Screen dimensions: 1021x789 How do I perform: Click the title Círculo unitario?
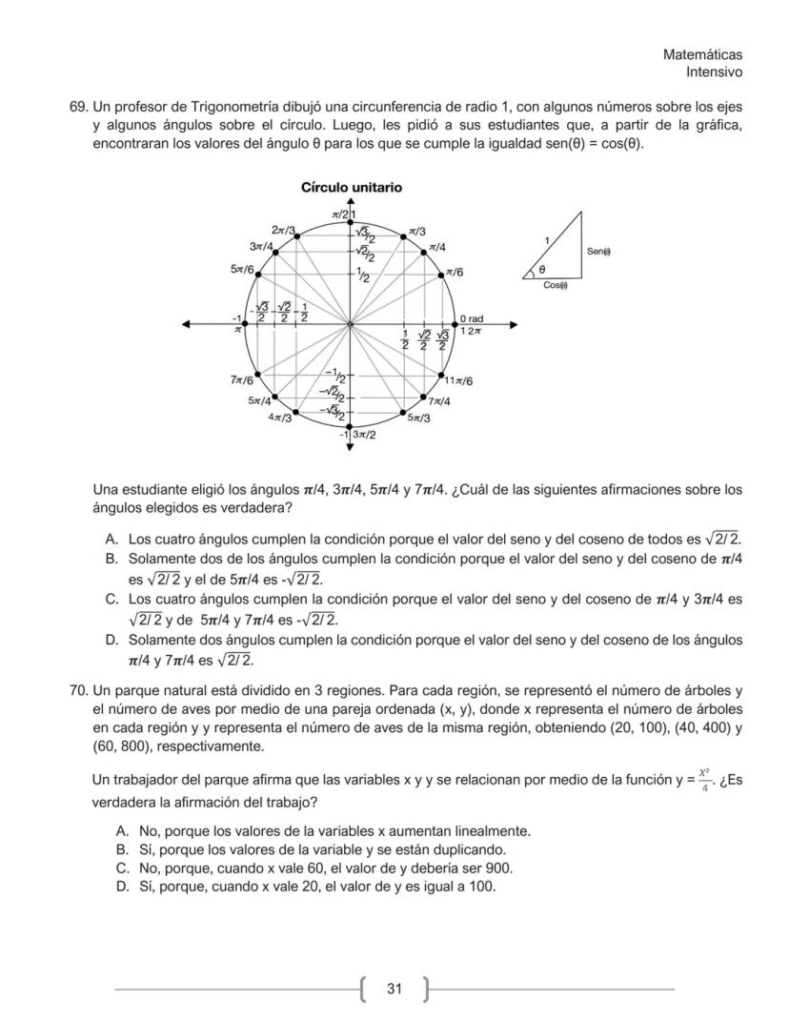(x=351, y=188)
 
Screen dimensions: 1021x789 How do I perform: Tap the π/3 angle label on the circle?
(x=417, y=232)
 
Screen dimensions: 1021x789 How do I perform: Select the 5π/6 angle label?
(x=242, y=270)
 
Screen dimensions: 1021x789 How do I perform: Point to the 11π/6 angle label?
(x=459, y=381)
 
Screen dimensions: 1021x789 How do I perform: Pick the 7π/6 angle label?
(x=241, y=380)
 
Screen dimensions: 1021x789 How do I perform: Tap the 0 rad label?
(x=472, y=318)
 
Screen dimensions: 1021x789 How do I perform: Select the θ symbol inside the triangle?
(x=543, y=271)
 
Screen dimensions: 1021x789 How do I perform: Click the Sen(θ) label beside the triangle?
(x=598, y=251)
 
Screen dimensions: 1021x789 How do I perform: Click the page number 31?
(x=394, y=989)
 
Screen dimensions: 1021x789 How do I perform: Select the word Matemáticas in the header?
(x=702, y=55)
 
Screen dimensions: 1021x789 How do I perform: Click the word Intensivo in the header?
(x=715, y=72)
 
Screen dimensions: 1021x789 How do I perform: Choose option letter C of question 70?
(x=122, y=868)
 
